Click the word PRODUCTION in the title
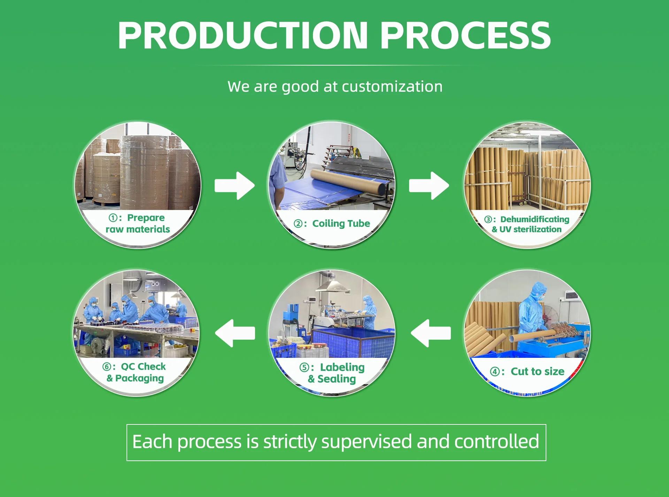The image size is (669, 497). coord(243,35)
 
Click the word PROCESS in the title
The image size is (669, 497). coord(465,35)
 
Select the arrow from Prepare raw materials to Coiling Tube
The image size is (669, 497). coord(234,186)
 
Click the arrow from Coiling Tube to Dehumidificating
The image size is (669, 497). coord(429,186)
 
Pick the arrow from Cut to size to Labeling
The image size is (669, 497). coord(431,333)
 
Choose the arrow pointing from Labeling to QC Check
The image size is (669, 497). coord(235,333)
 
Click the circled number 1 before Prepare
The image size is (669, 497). coord(113,218)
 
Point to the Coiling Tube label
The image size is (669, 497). coord(341,224)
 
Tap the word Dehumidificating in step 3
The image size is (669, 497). coord(535,219)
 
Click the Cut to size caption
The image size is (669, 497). coord(537,371)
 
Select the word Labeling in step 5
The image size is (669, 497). coord(342,367)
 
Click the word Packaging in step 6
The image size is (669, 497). coord(139,378)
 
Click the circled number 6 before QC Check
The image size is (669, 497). coord(107,367)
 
